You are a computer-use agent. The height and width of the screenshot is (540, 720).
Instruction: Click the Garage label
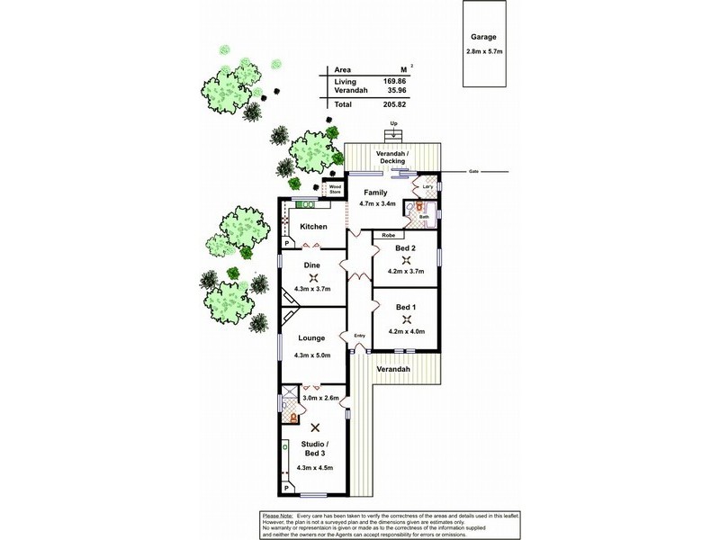pos(484,39)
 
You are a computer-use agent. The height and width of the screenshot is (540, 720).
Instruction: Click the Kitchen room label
pos(313,226)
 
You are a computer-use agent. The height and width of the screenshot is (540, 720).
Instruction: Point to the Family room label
pos(374,193)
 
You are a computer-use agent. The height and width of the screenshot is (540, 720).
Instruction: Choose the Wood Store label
pos(335,188)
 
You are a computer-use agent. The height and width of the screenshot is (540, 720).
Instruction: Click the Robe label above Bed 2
pos(389,235)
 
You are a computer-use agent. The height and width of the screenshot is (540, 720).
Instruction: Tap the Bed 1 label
pos(406,308)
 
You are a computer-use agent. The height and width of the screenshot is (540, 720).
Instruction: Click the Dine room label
pos(312,265)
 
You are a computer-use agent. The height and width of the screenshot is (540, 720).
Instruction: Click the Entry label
pos(360,337)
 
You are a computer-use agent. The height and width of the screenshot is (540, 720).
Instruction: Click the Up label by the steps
pos(393,123)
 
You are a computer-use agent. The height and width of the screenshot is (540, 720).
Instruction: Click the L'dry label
pos(416,187)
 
